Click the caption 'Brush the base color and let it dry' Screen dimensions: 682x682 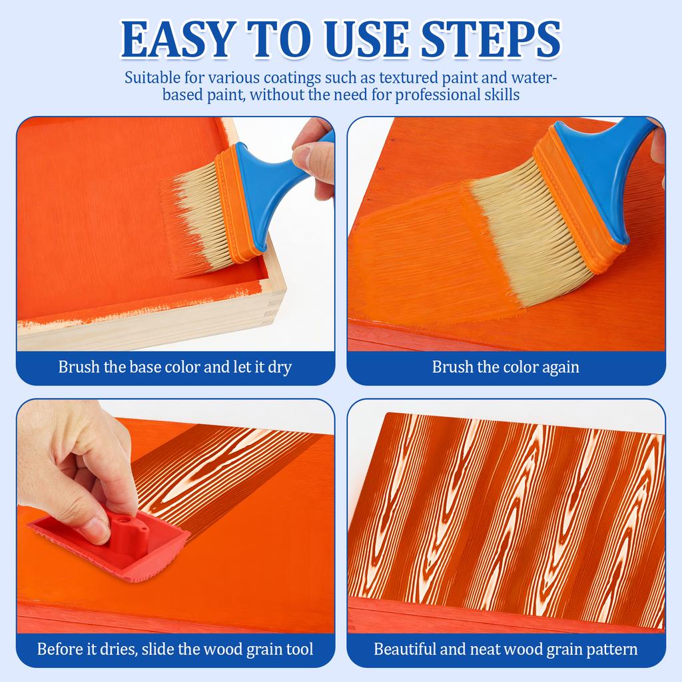[x=175, y=367]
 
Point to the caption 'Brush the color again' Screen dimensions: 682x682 [x=506, y=367]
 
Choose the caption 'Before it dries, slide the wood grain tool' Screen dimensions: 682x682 [x=175, y=649]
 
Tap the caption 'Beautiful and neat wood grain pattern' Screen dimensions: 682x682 [x=506, y=649]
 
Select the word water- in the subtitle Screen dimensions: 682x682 [x=534, y=78]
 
